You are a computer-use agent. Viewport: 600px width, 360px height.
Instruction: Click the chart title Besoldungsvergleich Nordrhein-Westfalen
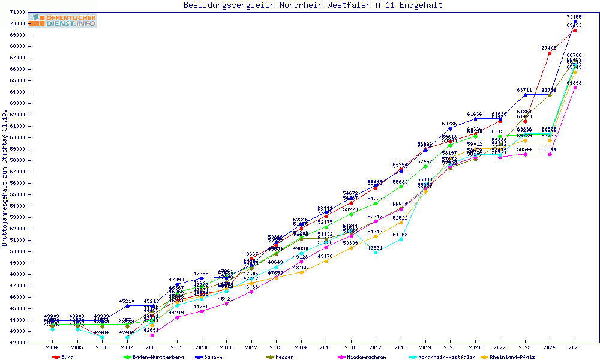click(313, 5)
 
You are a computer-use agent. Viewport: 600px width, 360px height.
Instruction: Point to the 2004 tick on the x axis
click(52, 347)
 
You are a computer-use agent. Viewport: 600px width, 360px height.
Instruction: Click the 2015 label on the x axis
click(326, 347)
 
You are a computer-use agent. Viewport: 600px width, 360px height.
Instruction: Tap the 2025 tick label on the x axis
click(575, 347)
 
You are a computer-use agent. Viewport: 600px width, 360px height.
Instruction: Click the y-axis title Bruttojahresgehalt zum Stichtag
click(5, 178)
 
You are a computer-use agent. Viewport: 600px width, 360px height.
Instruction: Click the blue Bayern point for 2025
click(575, 22)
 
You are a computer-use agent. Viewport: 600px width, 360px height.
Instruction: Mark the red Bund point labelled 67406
click(550, 53)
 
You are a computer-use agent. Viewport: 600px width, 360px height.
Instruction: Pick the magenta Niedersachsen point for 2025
click(575, 88)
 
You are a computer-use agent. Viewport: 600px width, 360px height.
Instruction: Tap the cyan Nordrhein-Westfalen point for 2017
click(376, 253)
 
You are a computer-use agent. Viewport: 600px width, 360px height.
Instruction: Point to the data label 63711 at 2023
click(525, 90)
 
